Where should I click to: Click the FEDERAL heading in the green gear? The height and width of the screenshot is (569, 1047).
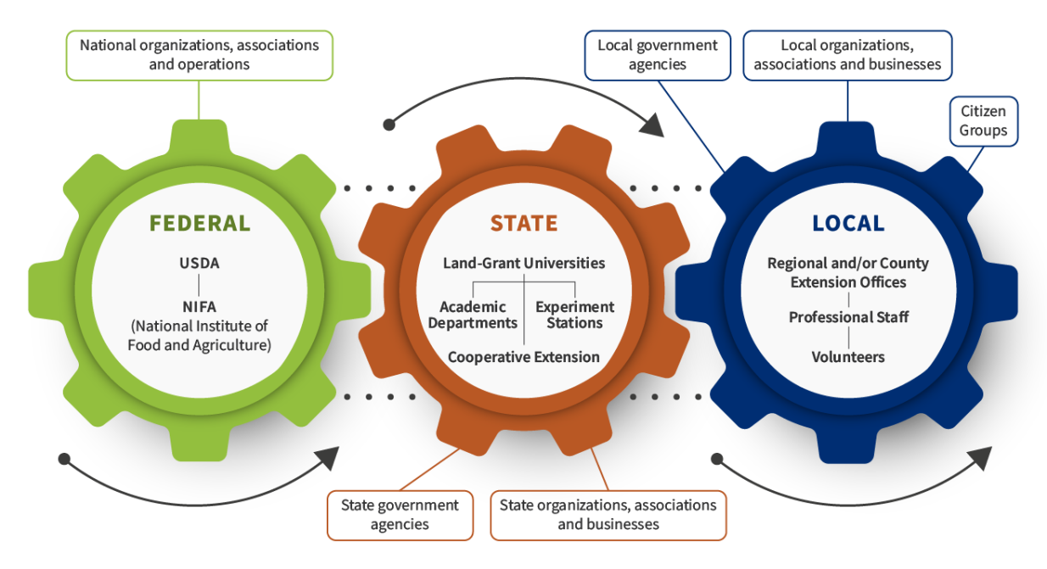[x=199, y=223]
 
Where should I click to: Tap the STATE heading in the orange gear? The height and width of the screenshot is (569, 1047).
[x=524, y=223]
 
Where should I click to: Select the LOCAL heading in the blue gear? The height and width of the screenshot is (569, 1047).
[x=848, y=223]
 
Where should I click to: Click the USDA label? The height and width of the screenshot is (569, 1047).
[x=199, y=264]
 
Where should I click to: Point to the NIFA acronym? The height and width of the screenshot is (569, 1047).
[x=199, y=307]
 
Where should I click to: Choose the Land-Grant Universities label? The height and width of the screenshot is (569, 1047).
[x=524, y=264]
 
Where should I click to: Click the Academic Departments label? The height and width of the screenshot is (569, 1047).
[x=473, y=315]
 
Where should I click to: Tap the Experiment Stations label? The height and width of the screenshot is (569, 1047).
[x=575, y=315]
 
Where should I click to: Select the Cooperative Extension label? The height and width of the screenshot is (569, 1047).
[x=523, y=357]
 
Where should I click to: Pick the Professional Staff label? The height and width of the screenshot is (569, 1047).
[x=848, y=318]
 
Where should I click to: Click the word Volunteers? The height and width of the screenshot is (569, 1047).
[x=848, y=357]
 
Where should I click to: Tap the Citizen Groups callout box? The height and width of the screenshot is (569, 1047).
[x=984, y=121]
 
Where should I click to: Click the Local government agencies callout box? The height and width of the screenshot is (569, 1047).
[x=658, y=56]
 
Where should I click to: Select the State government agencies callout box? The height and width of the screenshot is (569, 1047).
[x=400, y=516]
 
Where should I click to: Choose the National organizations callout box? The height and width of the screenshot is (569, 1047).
[x=199, y=56]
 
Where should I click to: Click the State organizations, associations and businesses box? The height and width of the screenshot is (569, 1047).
[x=608, y=516]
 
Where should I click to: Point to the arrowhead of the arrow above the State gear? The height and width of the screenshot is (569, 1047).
[x=653, y=126]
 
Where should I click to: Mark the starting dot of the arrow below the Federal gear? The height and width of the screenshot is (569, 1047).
[x=64, y=459]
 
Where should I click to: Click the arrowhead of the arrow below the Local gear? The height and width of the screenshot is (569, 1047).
[x=981, y=458]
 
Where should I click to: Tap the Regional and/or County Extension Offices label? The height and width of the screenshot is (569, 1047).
[x=848, y=273]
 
